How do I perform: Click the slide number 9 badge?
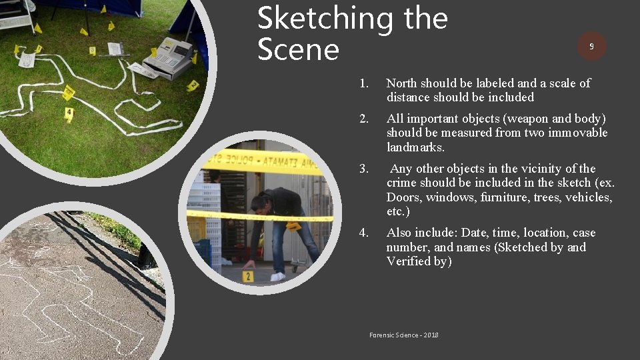591,46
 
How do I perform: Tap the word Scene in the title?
298,50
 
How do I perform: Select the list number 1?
363,83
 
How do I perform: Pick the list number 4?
363,233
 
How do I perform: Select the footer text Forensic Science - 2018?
403,335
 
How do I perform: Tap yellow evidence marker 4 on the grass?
69,114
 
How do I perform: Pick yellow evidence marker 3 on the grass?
92,51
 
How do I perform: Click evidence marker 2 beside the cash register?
193,85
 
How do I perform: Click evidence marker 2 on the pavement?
247,276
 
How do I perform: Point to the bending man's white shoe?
278,276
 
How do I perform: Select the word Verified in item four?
408,261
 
